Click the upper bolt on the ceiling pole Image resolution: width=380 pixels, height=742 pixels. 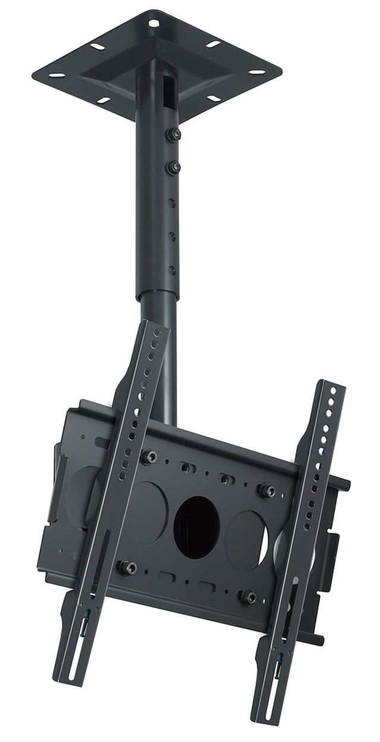coord(173,135)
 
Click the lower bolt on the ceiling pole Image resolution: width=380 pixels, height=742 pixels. coord(173,168)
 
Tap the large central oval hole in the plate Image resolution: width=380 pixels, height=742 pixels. coord(197,526)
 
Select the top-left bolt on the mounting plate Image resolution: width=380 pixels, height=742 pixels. coord(148,456)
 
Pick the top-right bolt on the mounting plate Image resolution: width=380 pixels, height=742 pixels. coord(267,491)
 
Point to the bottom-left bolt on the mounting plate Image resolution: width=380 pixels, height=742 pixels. coord(126,566)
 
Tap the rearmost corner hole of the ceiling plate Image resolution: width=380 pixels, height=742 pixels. coord(153,24)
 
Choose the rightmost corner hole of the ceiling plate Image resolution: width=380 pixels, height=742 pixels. coord(257,72)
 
